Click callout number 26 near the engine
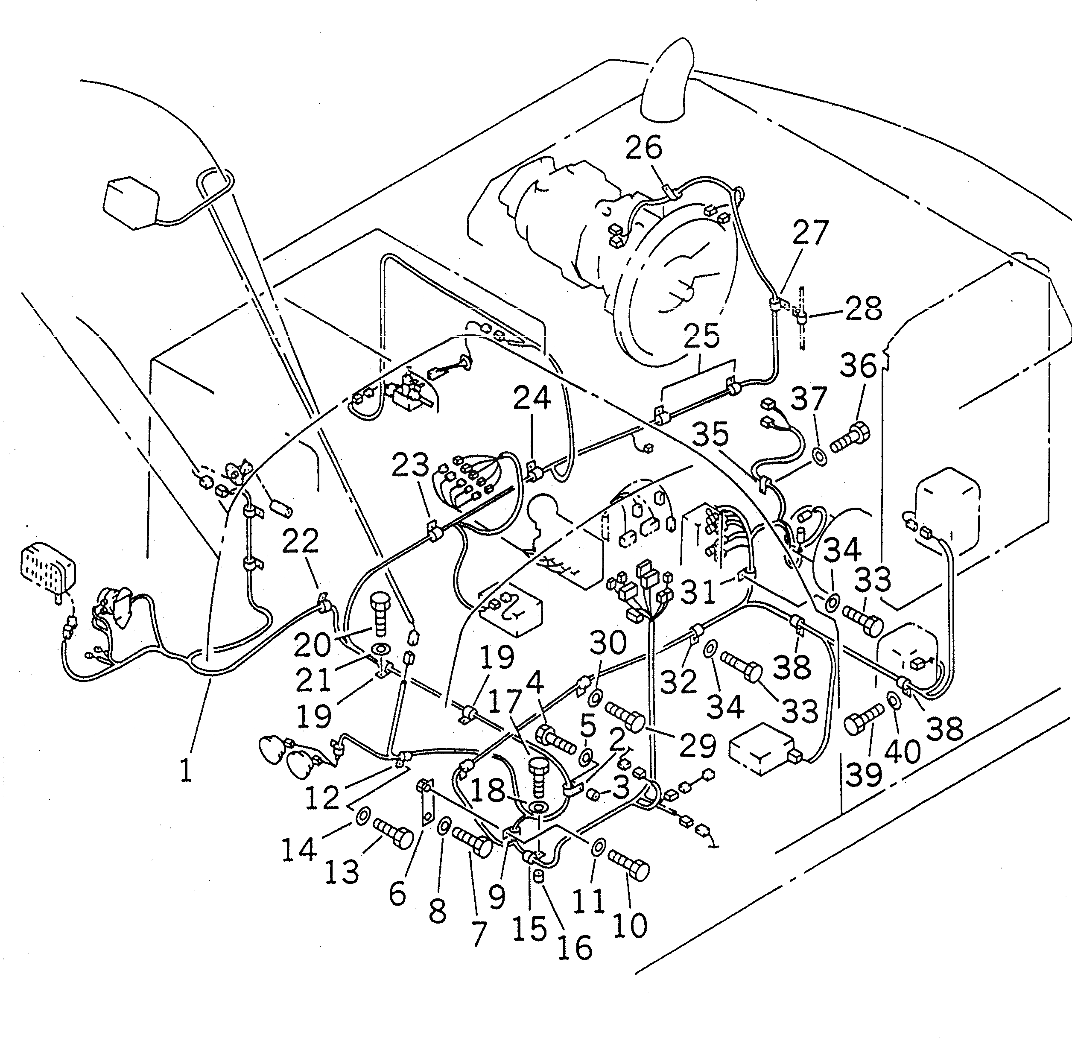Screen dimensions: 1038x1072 (643, 148)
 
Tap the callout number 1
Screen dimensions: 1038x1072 (186, 771)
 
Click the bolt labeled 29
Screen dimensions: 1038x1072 (625, 717)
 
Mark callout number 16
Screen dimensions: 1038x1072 (575, 946)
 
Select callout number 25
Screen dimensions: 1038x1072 (702, 335)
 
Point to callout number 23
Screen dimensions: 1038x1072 (410, 466)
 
